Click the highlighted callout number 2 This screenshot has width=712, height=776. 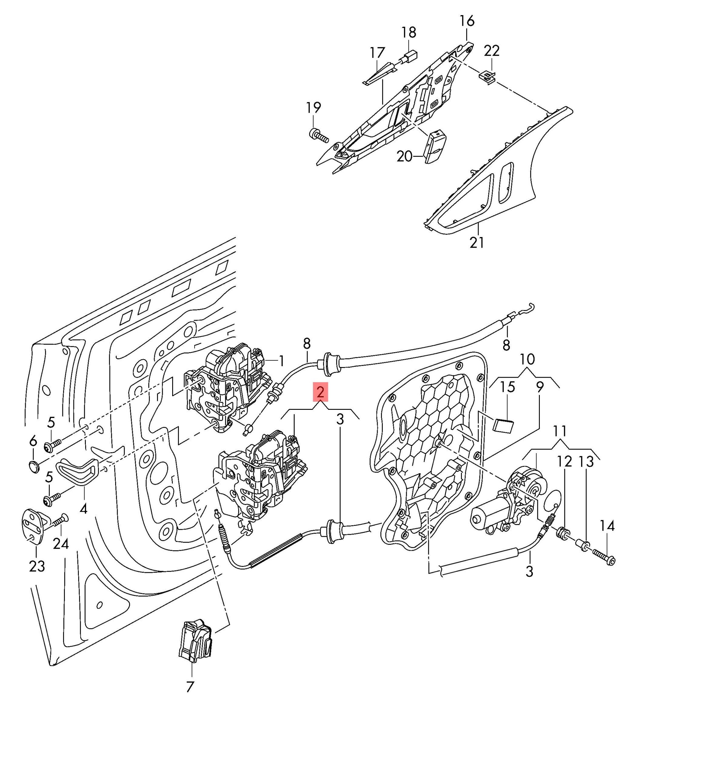click(x=320, y=392)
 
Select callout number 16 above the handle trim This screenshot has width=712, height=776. click(x=467, y=21)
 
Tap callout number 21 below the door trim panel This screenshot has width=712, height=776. click(x=477, y=242)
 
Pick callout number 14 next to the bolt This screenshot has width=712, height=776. click(x=607, y=526)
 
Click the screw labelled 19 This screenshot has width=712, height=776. click(x=317, y=135)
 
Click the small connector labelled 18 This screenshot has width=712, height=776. click(x=409, y=56)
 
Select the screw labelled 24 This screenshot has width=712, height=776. click(x=59, y=521)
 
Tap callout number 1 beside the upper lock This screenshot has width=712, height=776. click(x=282, y=361)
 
